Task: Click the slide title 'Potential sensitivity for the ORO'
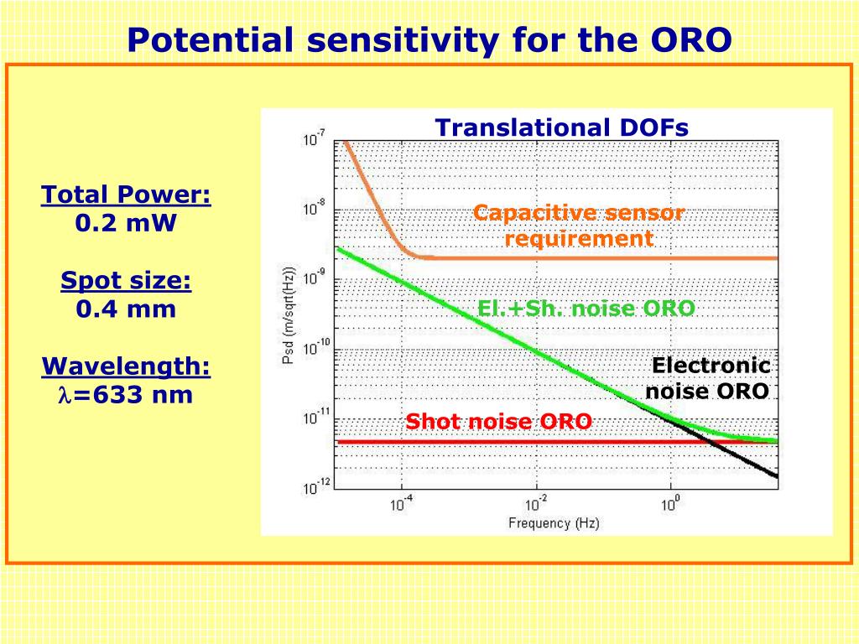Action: click(x=429, y=39)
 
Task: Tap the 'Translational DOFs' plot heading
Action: click(x=561, y=127)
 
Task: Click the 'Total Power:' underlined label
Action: click(x=126, y=195)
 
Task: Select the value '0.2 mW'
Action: click(x=126, y=224)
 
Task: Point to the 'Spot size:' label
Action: click(x=126, y=281)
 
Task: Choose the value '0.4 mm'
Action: click(x=126, y=309)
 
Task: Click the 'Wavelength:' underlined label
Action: click(x=126, y=366)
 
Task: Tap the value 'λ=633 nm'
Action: click(x=126, y=394)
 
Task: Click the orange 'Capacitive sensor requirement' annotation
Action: click(x=579, y=226)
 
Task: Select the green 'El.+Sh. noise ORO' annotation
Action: click(x=586, y=309)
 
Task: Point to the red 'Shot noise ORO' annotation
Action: click(x=498, y=421)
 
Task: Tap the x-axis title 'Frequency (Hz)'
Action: click(x=554, y=524)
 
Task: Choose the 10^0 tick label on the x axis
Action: click(x=671, y=504)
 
